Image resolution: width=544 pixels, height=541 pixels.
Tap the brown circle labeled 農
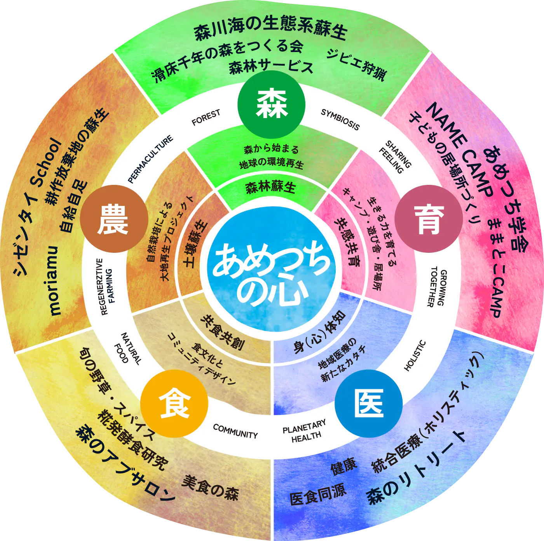click(114, 219)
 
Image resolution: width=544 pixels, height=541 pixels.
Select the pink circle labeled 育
click(429, 219)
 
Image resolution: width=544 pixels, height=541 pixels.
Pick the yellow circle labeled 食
click(174, 404)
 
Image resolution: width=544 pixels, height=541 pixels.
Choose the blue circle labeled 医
click(368, 404)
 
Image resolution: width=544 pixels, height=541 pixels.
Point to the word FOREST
click(206, 117)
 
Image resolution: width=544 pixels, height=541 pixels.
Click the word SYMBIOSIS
click(340, 119)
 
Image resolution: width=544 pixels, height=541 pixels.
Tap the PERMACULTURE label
click(150, 159)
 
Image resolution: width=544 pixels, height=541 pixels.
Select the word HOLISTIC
click(415, 356)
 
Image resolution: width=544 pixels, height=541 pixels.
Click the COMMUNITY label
click(235, 431)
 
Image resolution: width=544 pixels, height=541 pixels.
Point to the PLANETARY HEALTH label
click(305, 431)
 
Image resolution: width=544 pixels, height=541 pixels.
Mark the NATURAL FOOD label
click(127, 348)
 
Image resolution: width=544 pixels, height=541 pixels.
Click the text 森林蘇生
click(271, 188)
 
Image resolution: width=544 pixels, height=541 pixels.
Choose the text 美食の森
click(210, 488)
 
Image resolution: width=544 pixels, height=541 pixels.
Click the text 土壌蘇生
click(195, 245)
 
